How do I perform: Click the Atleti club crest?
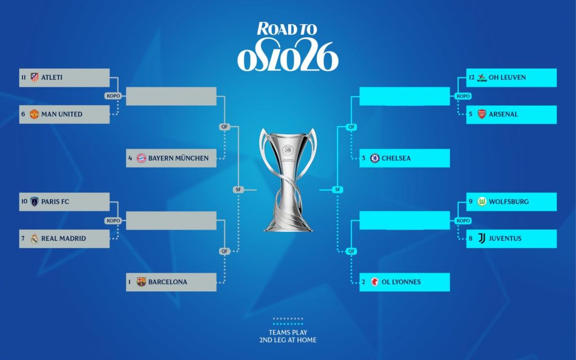[34, 78]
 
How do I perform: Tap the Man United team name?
[62, 114]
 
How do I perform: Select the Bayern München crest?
[141, 158]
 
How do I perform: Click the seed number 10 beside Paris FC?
[24, 201]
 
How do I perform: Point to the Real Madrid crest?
[34, 238]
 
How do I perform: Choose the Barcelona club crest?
[141, 282]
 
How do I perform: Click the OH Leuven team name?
[507, 78]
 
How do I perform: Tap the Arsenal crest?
[481, 114]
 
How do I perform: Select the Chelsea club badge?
[375, 158]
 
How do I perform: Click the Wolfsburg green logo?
[481, 201]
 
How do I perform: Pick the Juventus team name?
[505, 238]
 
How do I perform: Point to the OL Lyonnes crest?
[375, 282]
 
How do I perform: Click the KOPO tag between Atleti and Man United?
[113, 96]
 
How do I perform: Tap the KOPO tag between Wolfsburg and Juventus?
[463, 220]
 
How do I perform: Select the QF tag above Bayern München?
[224, 127]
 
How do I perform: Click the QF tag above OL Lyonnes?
[352, 251]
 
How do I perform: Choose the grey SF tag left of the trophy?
[238, 190]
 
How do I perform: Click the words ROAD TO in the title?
[287, 29]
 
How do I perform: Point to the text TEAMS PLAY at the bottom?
[288, 332]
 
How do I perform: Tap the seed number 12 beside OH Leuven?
[472, 78]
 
